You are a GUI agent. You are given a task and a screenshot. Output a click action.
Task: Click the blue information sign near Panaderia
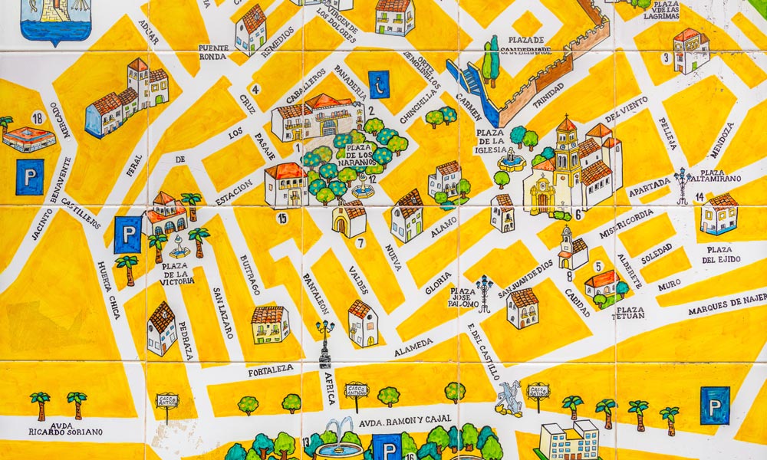pos(379,84)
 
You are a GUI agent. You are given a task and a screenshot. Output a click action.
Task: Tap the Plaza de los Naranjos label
pos(358,153)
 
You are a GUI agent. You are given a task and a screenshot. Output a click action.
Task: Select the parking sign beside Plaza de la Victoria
pos(127,234)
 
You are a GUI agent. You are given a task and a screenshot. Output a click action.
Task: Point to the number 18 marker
pos(37,117)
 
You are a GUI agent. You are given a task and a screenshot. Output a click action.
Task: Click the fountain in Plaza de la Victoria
pos(179,245)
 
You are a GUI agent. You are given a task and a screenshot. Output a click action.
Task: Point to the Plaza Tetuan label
pos(627,312)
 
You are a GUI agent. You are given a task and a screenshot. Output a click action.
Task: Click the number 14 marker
pos(700,197)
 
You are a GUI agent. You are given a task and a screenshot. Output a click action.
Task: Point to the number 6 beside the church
pos(578,215)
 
